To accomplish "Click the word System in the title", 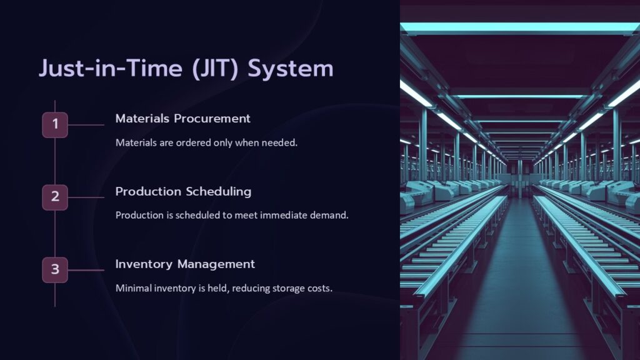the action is coord(291,68).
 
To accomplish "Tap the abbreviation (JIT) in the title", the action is coord(215,68).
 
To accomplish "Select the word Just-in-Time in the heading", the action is coord(111,67).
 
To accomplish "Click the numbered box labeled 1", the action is coord(55,125).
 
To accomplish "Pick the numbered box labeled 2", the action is coord(55,197).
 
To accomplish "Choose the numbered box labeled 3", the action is coord(55,270).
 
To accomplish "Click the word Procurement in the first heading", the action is coord(212,118).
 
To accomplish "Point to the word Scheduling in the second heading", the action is coord(219,192).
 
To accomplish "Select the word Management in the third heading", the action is coord(216,264).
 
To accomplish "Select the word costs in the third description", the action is coord(320,289).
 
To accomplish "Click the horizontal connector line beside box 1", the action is coord(86,125).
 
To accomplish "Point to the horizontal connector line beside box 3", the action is coord(86,270).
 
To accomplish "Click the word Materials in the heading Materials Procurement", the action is coord(142,118).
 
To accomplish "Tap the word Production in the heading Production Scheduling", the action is coord(148,191).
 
